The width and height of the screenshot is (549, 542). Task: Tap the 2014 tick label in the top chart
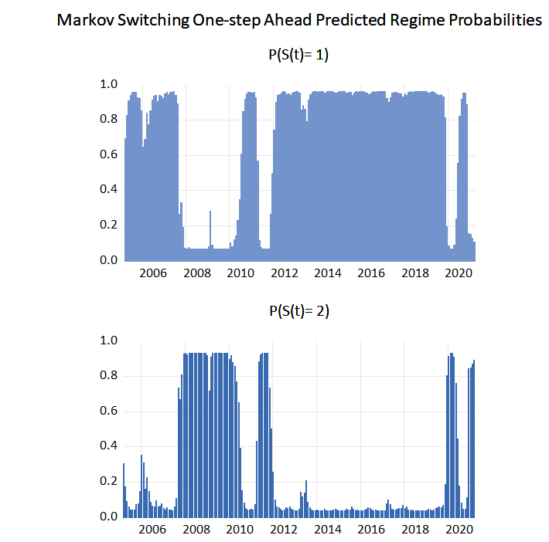pos(328,274)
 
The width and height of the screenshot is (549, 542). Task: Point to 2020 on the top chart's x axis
pos(460,274)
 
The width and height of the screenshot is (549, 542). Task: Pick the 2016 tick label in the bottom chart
pos(372,530)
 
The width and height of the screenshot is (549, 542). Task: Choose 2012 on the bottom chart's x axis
pos(284,530)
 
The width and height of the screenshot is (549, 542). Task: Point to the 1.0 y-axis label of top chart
pos(110,84)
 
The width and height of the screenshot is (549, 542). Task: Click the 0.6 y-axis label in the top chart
pos(110,154)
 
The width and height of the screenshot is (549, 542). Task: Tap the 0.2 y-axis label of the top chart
pos(110,225)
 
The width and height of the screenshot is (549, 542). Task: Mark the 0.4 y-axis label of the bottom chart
pos(110,446)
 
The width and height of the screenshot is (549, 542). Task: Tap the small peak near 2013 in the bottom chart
pos(306,494)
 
